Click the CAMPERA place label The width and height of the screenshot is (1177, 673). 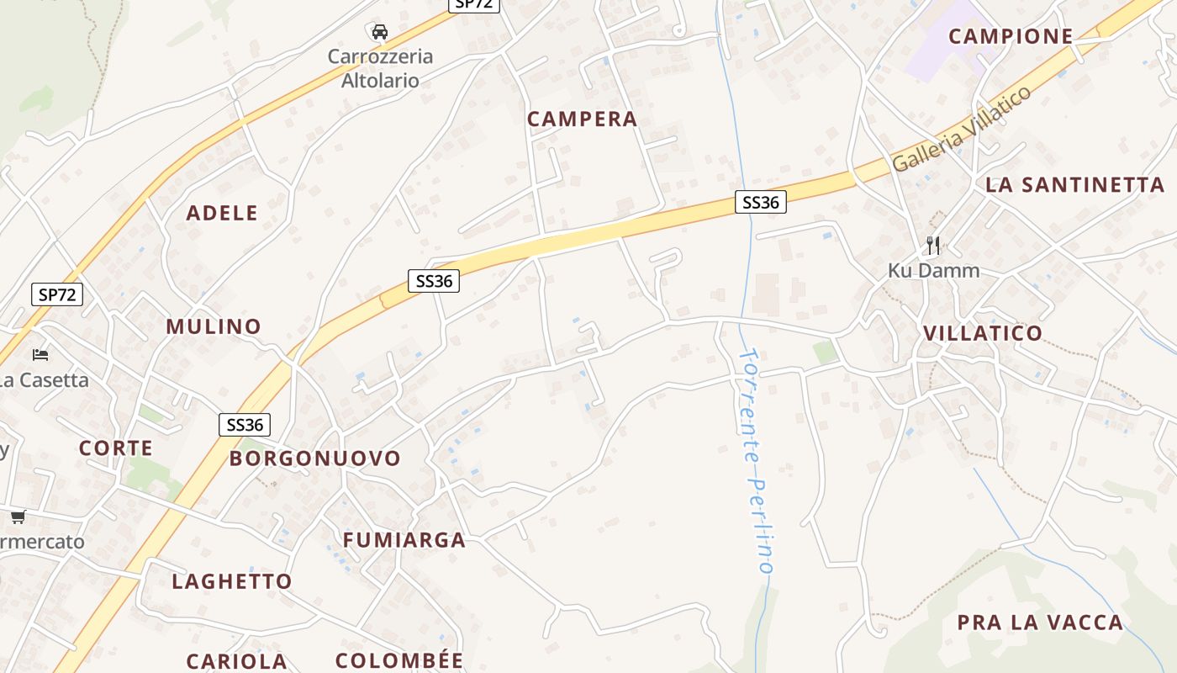[582, 119]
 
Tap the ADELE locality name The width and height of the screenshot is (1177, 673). [222, 213]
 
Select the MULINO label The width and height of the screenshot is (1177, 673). [214, 326]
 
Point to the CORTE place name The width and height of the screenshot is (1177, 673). [116, 448]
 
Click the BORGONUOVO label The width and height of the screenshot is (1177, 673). [315, 458]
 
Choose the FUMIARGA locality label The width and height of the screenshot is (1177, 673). [404, 540]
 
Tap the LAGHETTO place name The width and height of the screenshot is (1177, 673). [232, 581]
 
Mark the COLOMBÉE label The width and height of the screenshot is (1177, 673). [399, 660]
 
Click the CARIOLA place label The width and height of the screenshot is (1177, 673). [237, 661]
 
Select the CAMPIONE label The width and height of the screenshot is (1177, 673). [1011, 36]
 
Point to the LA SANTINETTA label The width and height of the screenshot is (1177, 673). [1074, 185]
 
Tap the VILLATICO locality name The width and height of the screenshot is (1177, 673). [983, 333]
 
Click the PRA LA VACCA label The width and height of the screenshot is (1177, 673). [1040, 623]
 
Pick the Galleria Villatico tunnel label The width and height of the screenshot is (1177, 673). [962, 129]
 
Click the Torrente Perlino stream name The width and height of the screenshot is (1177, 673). [754, 460]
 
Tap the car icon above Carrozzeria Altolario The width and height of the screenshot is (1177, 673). [379, 32]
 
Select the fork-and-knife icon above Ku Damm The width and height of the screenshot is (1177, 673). [932, 246]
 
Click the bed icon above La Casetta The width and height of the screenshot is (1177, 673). [40, 354]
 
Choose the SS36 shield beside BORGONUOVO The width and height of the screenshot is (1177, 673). [245, 425]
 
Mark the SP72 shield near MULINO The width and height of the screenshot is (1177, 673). [58, 294]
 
